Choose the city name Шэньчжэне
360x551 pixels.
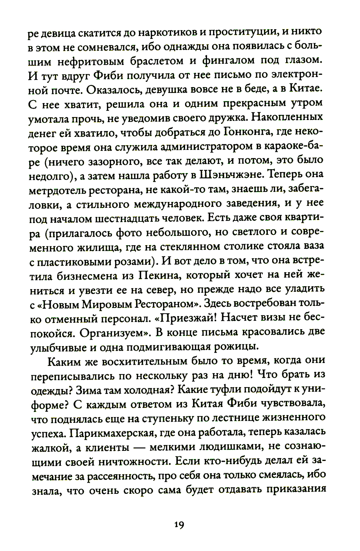[237, 175]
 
